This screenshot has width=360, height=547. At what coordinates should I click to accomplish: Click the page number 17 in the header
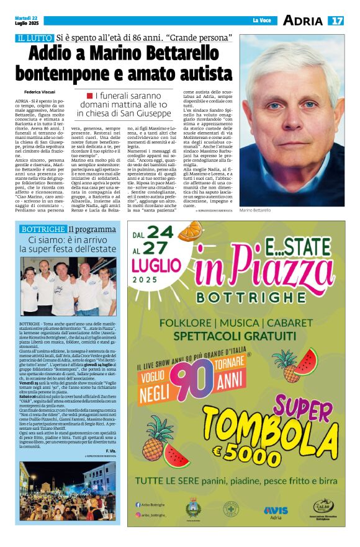pos(336,20)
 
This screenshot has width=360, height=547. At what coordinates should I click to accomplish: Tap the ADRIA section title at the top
pos(302,20)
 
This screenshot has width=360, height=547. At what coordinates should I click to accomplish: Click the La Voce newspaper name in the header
pos(261,20)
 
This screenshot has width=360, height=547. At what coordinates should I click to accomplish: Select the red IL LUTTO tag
pos(35,38)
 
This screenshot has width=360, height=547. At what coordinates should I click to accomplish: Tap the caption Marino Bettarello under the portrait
pos(255,211)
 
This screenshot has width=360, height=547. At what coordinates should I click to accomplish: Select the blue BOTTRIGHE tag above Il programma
pos(43,229)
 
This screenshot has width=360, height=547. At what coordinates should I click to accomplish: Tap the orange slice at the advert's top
pos(189,231)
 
